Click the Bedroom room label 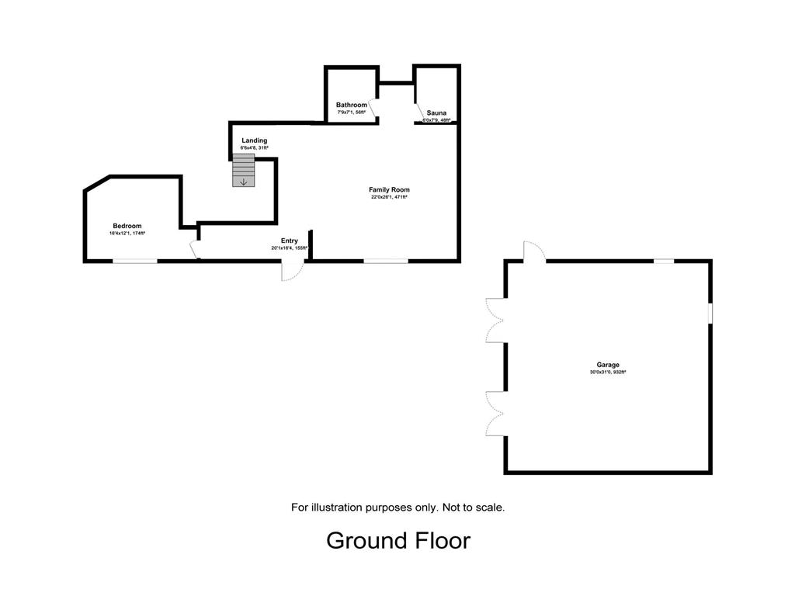127,226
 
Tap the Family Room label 389,189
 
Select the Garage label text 608,365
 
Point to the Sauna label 436,113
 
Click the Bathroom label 351,105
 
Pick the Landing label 254,140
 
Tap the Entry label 289,241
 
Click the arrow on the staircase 244,182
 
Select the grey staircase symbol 244,170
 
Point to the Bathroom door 372,110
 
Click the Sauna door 419,113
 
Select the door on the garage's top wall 534,251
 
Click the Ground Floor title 398,540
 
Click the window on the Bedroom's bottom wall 136,262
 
